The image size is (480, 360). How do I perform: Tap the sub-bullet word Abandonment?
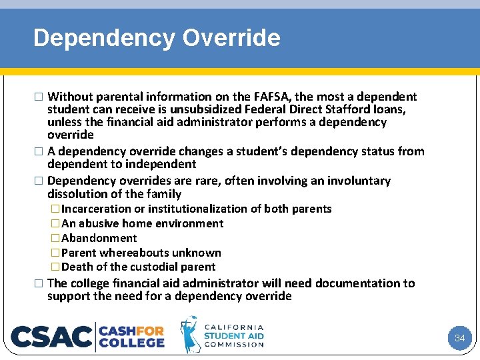(99, 238)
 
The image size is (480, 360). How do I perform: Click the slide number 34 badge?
(459, 338)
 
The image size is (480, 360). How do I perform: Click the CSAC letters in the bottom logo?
(51, 336)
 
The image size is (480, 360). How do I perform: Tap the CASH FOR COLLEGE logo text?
(131, 336)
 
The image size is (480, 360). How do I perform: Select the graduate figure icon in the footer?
(190, 335)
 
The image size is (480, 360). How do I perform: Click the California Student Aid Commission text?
(234, 336)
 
